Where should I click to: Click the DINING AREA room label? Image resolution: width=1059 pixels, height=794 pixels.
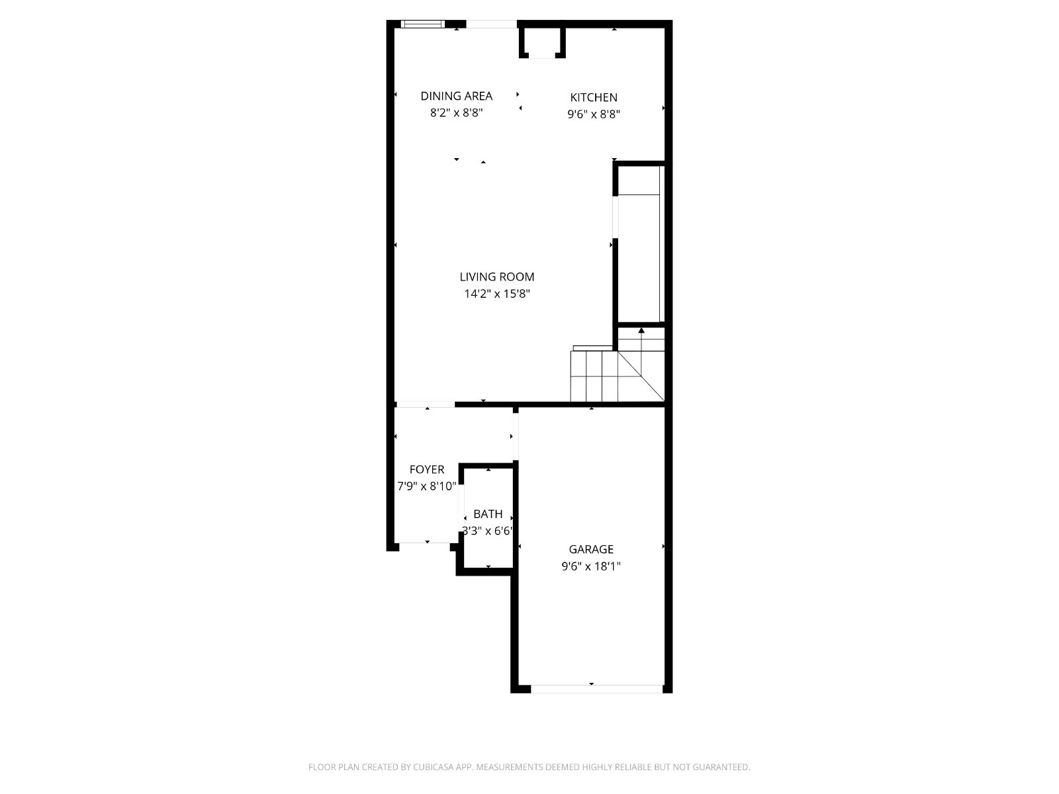coord(457,96)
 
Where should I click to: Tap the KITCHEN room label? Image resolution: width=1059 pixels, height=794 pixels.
coord(594,97)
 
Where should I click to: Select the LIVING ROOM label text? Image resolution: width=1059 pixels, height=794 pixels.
coord(497,277)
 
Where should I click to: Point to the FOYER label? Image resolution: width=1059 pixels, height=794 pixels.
coord(426,469)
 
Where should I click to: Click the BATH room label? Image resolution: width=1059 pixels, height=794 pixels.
coord(488,514)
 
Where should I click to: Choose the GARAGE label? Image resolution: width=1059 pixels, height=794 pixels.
coord(591,549)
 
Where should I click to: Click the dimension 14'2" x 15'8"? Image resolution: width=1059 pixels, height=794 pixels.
coord(497,294)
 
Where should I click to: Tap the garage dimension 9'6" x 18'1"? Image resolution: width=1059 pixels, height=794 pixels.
coord(591,566)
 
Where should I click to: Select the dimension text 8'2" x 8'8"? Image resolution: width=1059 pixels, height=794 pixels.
coord(457,112)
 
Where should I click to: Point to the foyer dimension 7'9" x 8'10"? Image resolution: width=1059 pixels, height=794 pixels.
coord(426,486)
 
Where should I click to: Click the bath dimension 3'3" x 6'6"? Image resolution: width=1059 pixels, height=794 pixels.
coord(487,531)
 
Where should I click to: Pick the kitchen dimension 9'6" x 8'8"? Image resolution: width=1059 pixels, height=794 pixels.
coord(594,114)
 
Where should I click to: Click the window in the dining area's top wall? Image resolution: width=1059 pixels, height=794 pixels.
coord(423,24)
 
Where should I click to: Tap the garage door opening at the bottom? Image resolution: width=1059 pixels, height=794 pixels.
coord(597,689)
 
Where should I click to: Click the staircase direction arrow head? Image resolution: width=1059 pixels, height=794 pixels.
coord(641,330)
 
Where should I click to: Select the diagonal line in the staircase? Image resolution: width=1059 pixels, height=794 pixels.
coord(641,376)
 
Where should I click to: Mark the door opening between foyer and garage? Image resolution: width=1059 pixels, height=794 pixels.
coord(515,437)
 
